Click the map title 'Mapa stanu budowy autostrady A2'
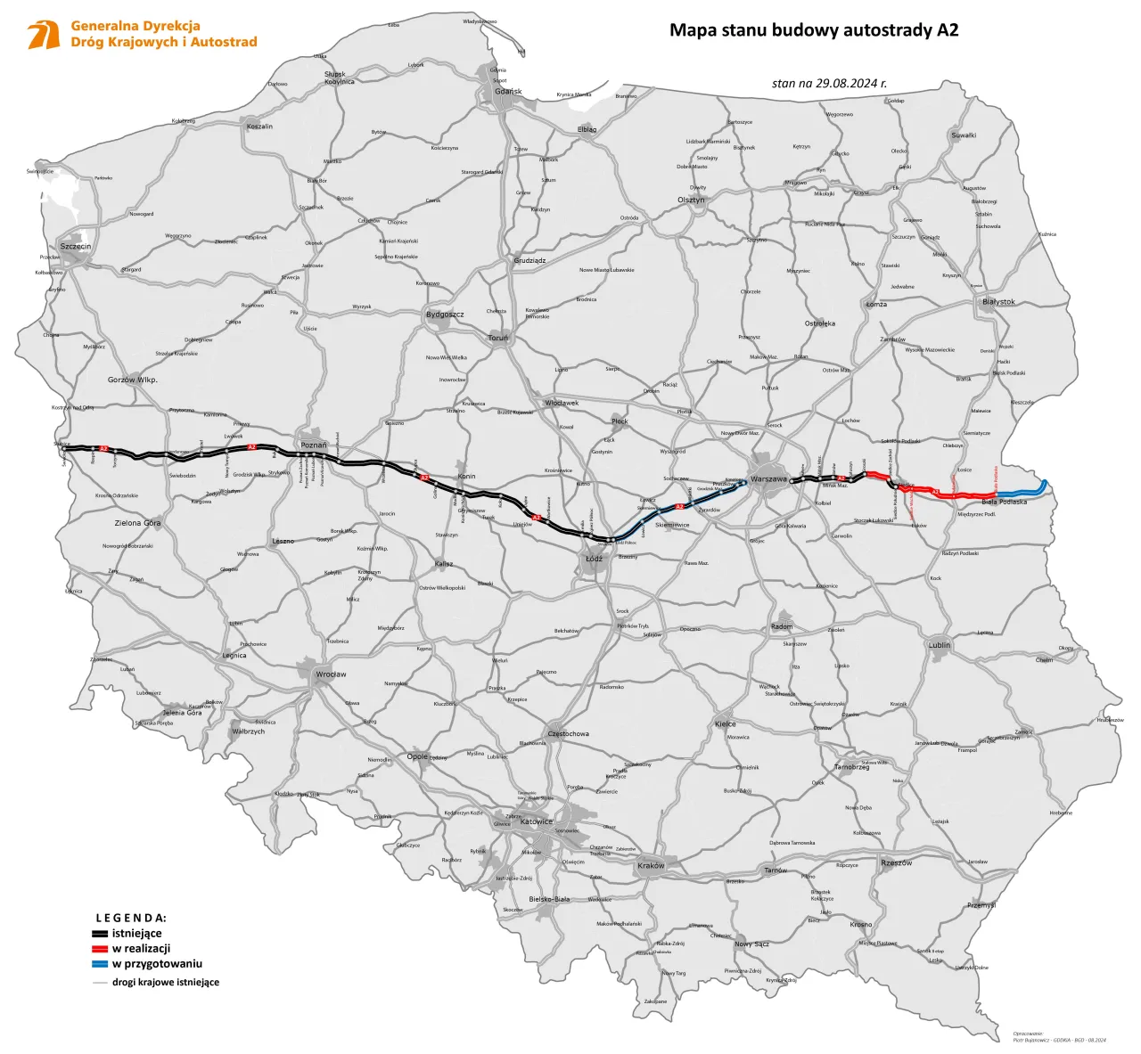pos(814,30)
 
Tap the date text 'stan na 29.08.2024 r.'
pos(829,83)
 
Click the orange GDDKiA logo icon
pos(43,35)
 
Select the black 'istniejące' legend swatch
pos(100,934)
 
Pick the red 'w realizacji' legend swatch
pos(100,949)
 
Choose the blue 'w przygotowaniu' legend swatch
pos(100,964)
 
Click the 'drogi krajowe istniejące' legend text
pos(165,982)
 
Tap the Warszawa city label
pos(768,479)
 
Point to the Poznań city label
pos(314,445)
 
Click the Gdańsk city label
pos(508,92)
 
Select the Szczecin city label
pos(76,246)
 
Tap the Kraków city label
pos(651,865)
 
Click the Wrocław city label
pos(331,674)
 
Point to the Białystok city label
pos(998,302)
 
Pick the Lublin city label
pos(939,645)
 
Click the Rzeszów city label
pos(896,862)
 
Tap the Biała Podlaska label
pos(1004,502)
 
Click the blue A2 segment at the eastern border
pos(1025,492)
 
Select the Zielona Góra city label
pos(137,523)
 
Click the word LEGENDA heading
pos(131,918)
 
